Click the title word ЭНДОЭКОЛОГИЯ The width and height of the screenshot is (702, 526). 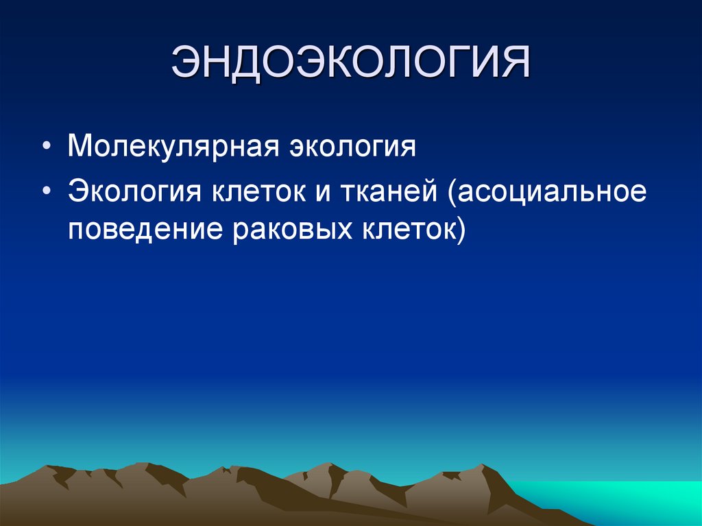point(351,64)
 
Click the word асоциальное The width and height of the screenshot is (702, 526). point(553,191)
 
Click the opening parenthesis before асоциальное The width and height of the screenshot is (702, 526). point(452,193)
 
